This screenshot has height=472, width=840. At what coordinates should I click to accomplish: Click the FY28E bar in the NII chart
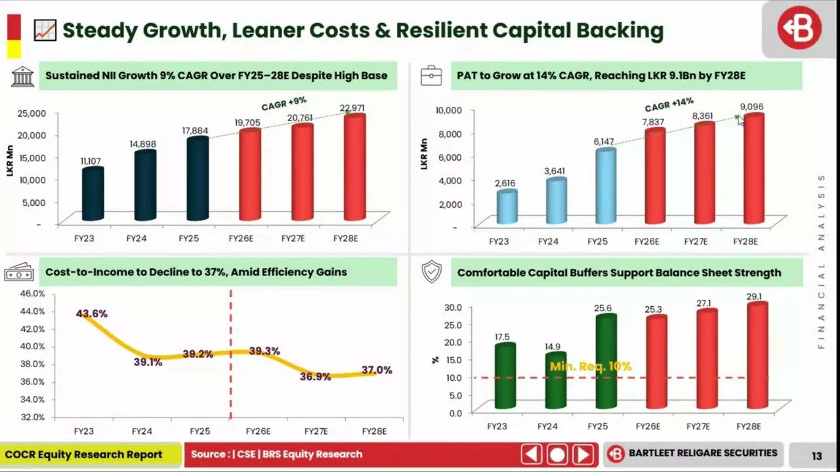click(354, 168)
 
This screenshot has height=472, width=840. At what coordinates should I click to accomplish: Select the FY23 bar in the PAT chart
click(507, 207)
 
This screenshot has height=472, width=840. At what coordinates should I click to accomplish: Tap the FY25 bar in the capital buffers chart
click(606, 362)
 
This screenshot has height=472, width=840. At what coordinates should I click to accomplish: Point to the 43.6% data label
click(91, 314)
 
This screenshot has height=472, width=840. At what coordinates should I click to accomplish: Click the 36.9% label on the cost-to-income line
click(316, 377)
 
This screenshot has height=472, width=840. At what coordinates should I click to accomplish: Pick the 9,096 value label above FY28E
click(751, 107)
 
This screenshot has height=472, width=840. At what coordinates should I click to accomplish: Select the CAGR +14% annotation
click(669, 104)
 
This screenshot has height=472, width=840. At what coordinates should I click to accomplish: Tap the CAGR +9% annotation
click(284, 104)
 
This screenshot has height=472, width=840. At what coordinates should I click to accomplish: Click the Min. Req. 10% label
click(591, 366)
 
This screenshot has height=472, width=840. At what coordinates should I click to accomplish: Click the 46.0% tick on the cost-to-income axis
click(31, 293)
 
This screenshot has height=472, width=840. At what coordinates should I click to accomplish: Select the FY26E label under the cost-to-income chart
click(258, 431)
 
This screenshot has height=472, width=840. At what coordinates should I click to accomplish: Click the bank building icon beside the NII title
click(22, 76)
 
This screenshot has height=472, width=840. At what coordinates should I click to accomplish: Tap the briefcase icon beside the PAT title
click(431, 76)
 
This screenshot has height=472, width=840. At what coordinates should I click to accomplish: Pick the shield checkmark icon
click(431, 272)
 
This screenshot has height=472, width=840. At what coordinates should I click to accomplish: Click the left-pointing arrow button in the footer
click(532, 454)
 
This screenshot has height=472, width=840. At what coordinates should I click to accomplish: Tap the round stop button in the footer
click(557, 454)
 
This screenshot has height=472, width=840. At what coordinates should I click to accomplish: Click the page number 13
click(816, 456)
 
